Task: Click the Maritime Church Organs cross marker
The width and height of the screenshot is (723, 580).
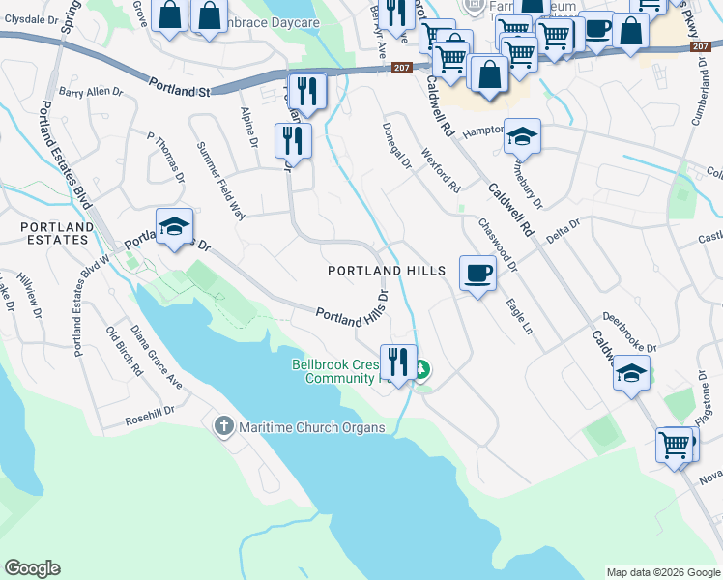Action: [x=224, y=426]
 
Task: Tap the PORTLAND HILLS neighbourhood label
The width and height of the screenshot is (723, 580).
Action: [x=386, y=272]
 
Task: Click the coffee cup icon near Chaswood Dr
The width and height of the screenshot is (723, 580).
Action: [x=477, y=274]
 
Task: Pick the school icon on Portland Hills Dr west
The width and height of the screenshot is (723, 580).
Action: [x=174, y=227]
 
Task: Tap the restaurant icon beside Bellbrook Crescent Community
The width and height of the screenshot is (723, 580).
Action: [x=398, y=362]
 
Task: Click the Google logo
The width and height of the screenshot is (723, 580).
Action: [x=33, y=568]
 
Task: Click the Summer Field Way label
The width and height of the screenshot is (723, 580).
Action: [x=220, y=179]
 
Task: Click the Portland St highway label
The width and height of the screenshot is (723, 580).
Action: [x=180, y=88]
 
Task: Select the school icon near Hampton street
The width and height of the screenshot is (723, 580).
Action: [x=522, y=136]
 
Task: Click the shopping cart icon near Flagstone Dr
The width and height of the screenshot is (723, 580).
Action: [x=675, y=446]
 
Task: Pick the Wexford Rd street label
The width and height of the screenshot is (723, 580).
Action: [x=441, y=170]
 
